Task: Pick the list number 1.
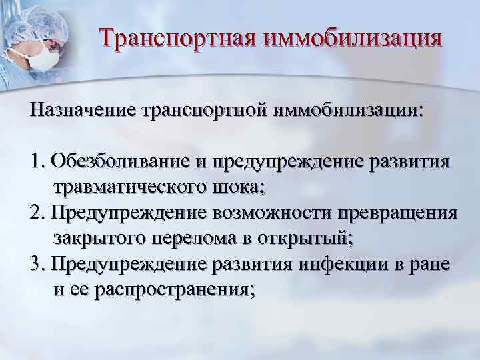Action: click(36, 162)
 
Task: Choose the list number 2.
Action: click(36, 213)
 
